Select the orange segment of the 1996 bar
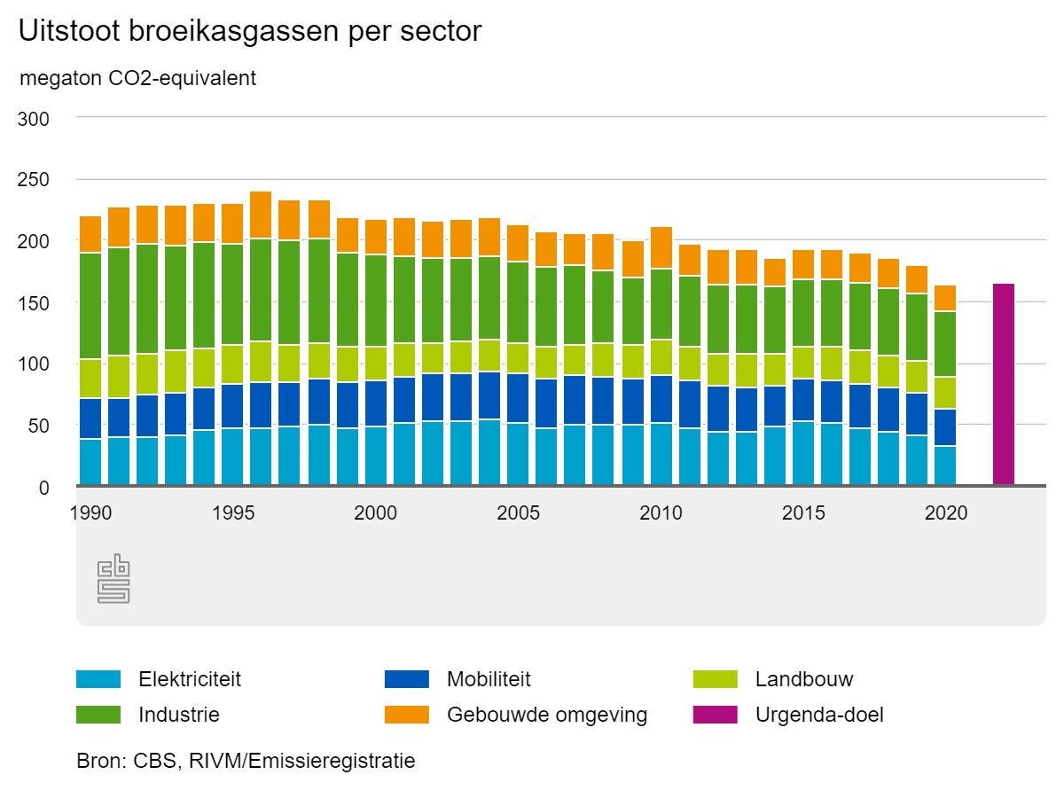(261, 215)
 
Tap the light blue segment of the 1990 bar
(90, 462)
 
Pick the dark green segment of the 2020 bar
(946, 344)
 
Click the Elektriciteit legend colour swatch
(98, 680)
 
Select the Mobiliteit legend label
(489, 680)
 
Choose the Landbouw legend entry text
(804, 680)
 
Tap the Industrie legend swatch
(98, 714)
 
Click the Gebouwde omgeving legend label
(547, 714)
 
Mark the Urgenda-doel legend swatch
(715, 714)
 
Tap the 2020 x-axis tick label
(946, 512)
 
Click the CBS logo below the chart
(113, 579)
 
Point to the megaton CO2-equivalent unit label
(137, 78)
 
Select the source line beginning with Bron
(246, 761)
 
